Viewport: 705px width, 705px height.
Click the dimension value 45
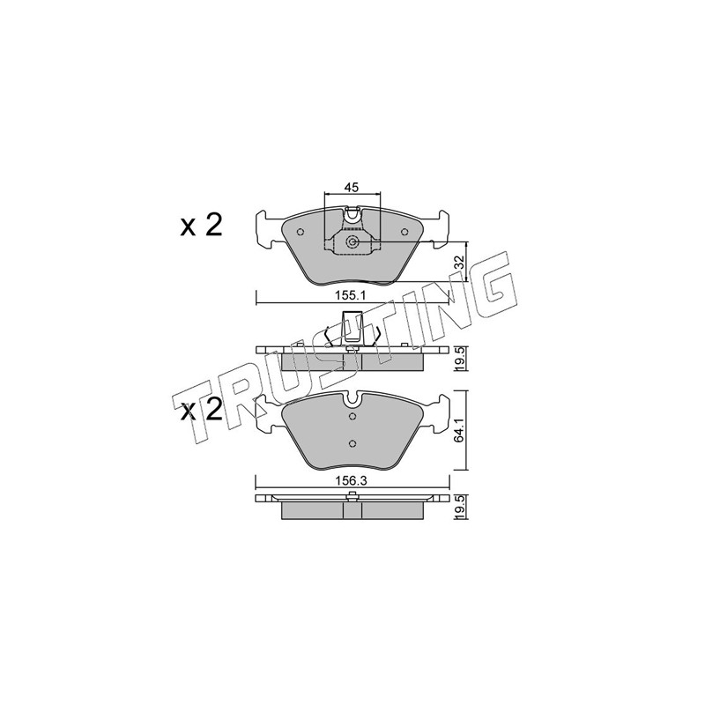[x=352, y=188]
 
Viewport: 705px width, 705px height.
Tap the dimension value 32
[x=458, y=262]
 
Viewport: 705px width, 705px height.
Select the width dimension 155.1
[x=352, y=296]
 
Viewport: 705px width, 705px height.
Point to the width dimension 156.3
[x=352, y=480]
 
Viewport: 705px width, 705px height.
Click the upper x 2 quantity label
[x=202, y=226]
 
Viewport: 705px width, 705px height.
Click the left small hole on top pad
[x=301, y=232]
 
